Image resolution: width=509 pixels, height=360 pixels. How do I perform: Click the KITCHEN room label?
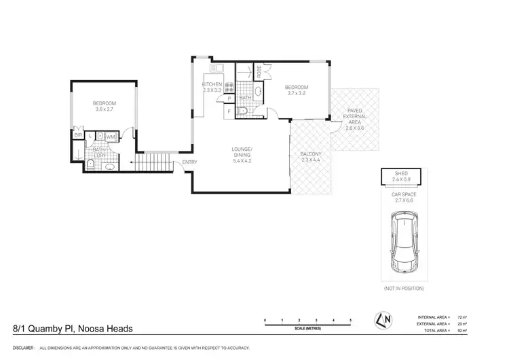click(x=213, y=84)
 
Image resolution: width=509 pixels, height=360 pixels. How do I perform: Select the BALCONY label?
click(x=311, y=154)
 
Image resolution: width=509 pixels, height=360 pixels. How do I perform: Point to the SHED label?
click(x=402, y=174)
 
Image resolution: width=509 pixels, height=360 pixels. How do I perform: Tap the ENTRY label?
click(x=189, y=162)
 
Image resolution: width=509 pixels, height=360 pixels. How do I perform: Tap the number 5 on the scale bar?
click(x=350, y=319)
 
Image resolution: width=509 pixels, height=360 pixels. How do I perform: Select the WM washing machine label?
click(x=111, y=137)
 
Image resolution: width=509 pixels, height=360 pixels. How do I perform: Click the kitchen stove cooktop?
click(x=229, y=88)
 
